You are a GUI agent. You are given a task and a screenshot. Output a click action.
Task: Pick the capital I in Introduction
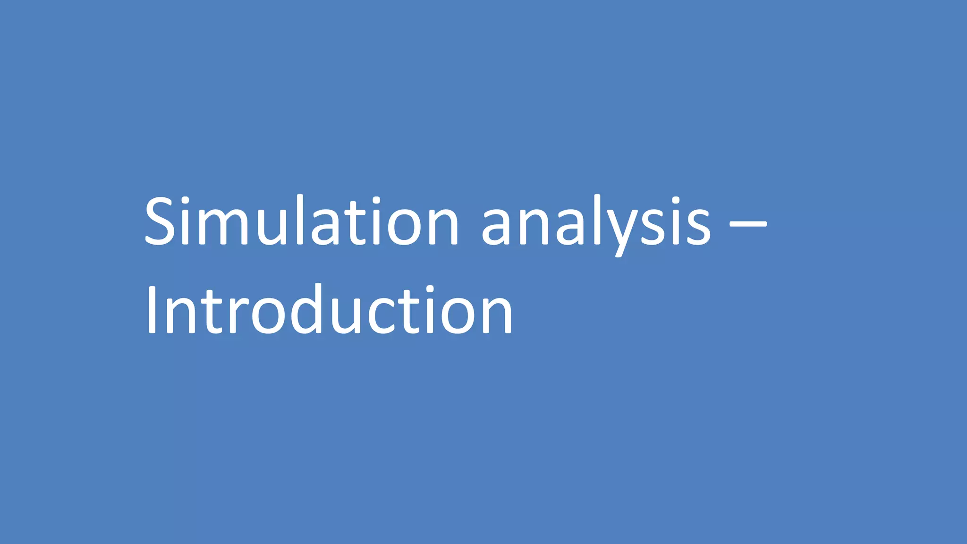tap(152, 310)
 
